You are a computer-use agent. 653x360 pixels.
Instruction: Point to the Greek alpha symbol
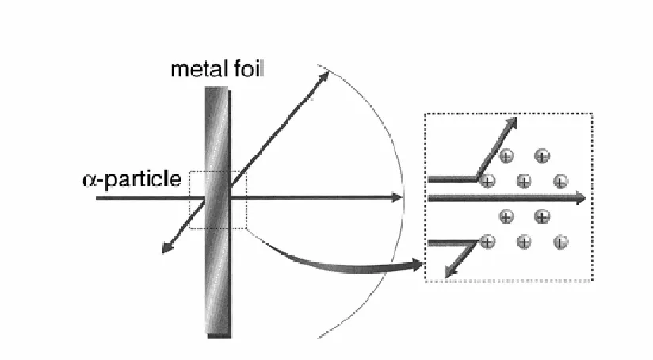click(x=90, y=179)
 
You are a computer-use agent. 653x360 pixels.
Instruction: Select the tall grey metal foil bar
click(x=218, y=212)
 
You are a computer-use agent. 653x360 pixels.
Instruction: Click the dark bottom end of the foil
click(x=219, y=335)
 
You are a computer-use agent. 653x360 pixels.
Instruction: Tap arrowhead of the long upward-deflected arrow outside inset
click(x=323, y=78)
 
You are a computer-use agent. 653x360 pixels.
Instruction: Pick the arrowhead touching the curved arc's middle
click(x=397, y=197)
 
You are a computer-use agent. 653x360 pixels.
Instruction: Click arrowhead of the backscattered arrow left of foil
click(x=167, y=248)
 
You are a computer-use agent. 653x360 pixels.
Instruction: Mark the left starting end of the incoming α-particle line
click(x=97, y=198)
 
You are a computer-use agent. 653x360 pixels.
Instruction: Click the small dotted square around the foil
click(x=189, y=200)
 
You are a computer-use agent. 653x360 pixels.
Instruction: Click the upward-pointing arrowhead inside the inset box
click(x=511, y=124)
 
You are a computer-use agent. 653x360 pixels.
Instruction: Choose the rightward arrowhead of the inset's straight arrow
click(x=580, y=198)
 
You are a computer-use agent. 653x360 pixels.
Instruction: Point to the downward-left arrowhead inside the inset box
click(x=451, y=272)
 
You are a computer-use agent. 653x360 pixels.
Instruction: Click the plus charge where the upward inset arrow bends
click(x=487, y=182)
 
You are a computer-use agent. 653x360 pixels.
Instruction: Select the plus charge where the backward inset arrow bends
click(x=487, y=242)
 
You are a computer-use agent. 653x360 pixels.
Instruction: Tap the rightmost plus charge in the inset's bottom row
click(x=560, y=242)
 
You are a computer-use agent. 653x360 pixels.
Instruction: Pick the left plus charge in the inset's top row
click(x=506, y=156)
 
